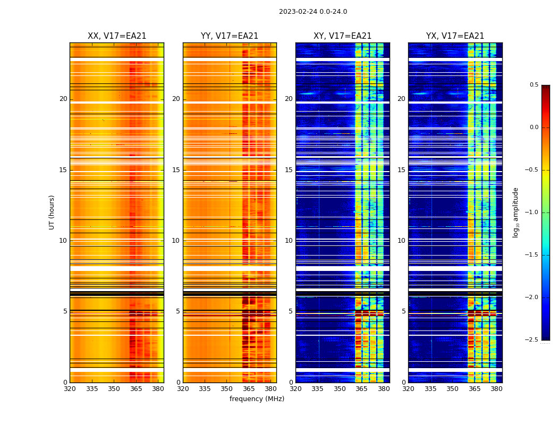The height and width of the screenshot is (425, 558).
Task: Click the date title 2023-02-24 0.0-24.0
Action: click(x=313, y=12)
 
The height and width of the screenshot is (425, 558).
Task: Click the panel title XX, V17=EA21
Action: click(x=117, y=36)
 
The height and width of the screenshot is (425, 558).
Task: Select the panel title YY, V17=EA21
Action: click(x=230, y=36)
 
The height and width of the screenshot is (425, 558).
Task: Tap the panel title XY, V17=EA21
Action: click(x=342, y=36)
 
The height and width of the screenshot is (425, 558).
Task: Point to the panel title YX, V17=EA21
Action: click(x=455, y=36)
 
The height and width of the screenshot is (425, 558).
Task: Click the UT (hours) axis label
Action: click(x=52, y=212)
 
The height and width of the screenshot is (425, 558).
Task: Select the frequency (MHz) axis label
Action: click(x=257, y=399)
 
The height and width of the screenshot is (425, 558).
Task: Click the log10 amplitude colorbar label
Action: click(x=515, y=212)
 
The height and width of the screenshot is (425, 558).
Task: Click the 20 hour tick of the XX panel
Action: click(x=63, y=99)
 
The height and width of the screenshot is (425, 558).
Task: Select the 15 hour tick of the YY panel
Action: click(x=176, y=170)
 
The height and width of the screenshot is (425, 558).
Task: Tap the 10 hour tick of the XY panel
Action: click(x=289, y=241)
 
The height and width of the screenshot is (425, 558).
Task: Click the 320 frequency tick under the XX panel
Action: click(x=70, y=389)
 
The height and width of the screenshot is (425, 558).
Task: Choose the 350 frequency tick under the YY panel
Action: click(x=227, y=389)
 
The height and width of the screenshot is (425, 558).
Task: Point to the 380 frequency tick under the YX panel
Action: click(x=496, y=389)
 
